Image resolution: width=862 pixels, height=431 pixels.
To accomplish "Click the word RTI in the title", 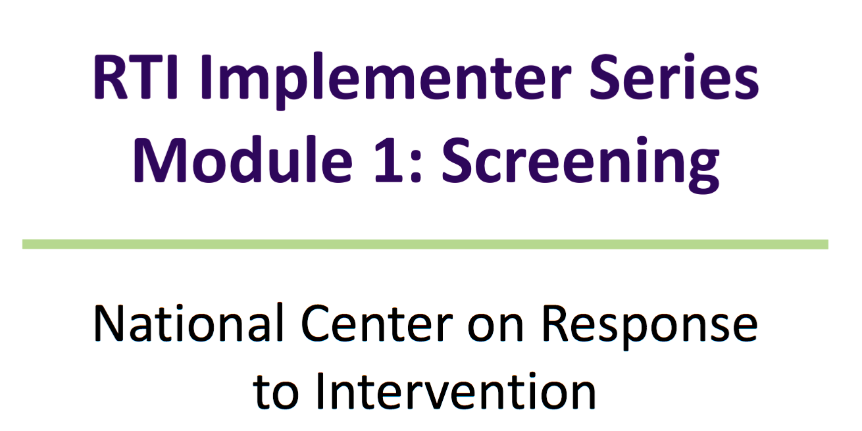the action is tap(136, 76).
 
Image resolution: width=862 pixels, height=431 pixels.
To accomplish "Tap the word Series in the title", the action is tap(674, 76).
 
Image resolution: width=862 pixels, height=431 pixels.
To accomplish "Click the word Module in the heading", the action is tap(243, 159).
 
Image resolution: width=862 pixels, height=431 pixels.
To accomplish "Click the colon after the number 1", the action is tap(417, 165).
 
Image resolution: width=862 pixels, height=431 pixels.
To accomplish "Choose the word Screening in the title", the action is tap(581, 164).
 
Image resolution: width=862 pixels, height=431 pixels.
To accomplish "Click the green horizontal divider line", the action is tap(425, 244).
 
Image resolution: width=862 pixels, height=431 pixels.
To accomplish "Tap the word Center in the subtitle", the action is tap(377, 323).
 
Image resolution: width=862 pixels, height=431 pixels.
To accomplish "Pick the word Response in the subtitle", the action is tap(650, 327).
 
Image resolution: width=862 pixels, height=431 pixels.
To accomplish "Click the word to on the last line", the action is tap(276, 393).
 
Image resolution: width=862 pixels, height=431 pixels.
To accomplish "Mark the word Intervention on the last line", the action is tap(456, 390).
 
